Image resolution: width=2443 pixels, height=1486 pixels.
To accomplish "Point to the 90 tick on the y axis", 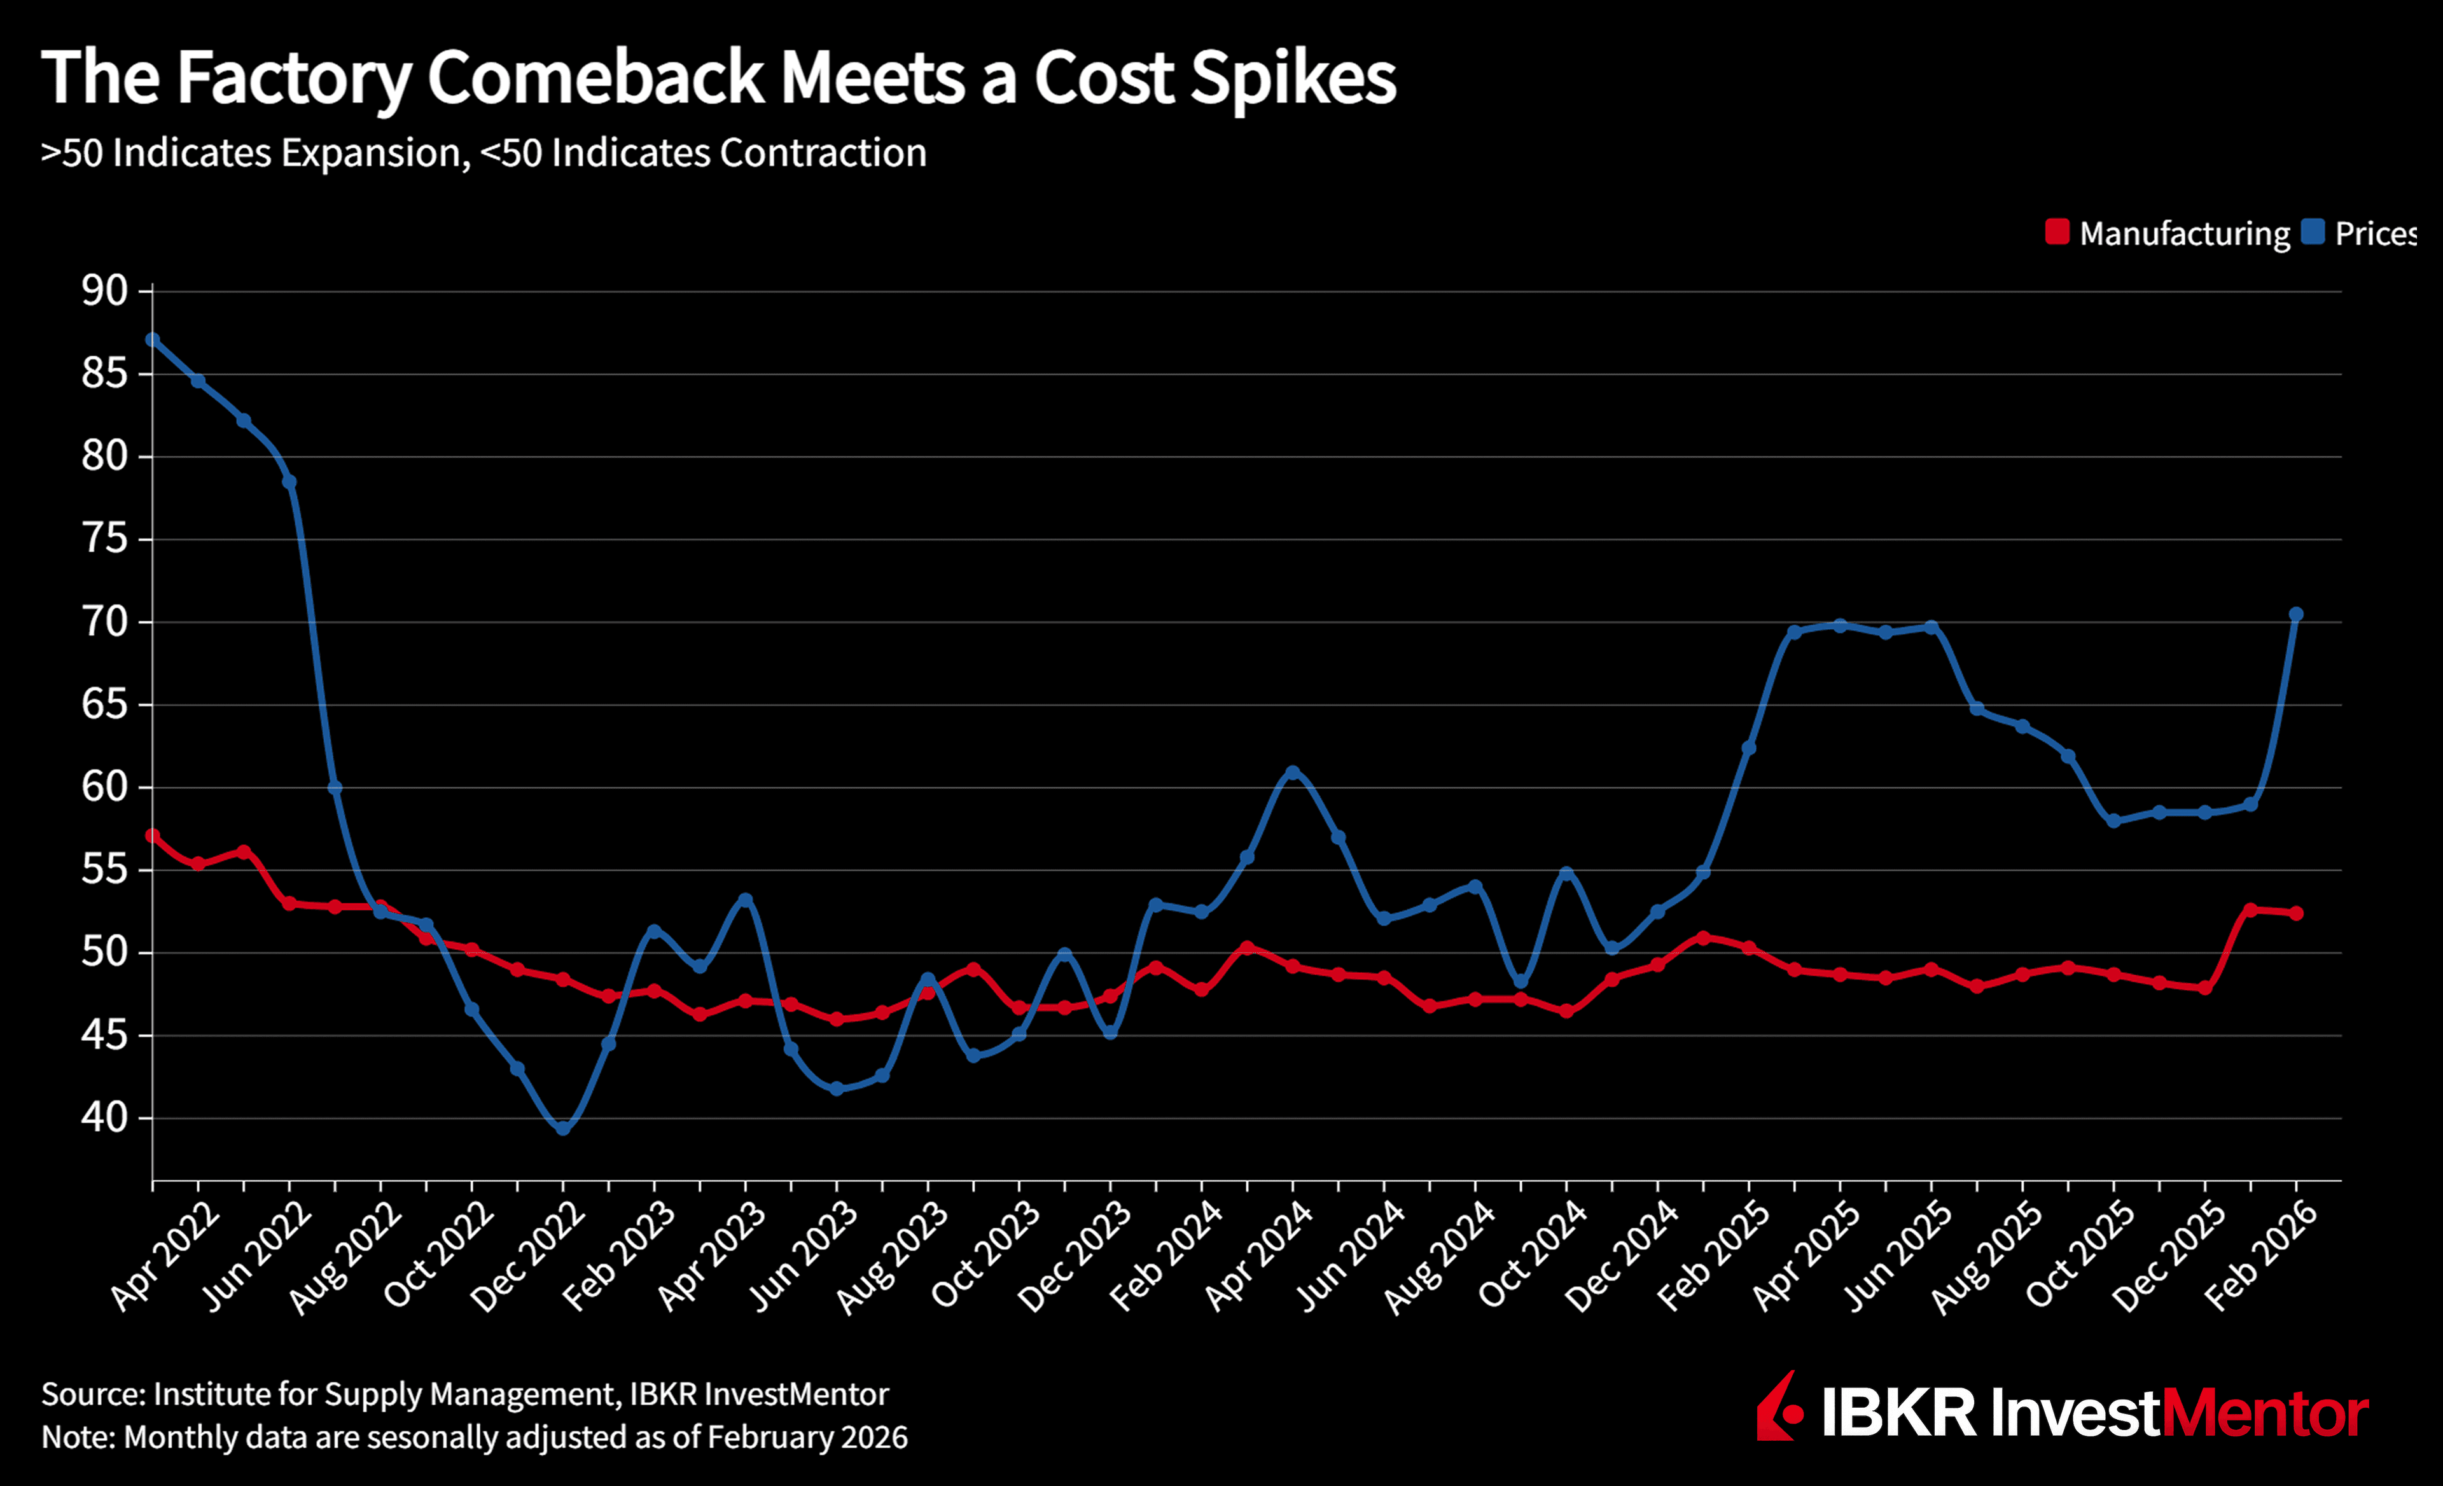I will (x=105, y=291).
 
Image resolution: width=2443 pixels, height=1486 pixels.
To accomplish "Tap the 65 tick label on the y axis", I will (x=105, y=705).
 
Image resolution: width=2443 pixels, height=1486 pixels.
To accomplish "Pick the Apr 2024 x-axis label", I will (x=1259, y=1257).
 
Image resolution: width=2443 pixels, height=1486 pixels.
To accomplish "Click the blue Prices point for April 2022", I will (x=153, y=340).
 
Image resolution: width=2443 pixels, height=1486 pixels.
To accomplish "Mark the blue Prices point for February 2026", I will (x=2295, y=615).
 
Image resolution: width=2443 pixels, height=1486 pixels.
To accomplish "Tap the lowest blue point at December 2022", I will (x=563, y=1128).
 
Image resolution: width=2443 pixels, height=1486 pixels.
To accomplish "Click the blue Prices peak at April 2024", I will (x=1292, y=771).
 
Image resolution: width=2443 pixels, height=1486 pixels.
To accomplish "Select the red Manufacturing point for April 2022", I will (x=153, y=836).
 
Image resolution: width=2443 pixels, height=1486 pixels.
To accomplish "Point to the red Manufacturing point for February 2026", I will (x=2295, y=913).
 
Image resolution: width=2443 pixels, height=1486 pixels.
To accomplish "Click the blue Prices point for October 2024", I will (x=1566, y=873).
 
